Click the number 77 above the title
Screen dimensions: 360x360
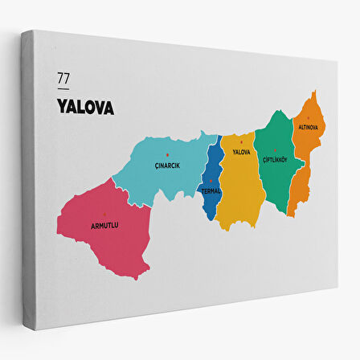point(63,79)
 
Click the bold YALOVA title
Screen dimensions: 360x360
point(85,107)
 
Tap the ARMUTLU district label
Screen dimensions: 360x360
point(104,225)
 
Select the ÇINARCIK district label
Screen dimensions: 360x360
point(166,166)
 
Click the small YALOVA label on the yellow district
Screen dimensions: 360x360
point(241,152)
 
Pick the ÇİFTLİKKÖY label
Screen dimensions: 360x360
point(276,160)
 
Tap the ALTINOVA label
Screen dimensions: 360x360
point(308,127)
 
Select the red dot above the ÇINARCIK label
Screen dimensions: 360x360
point(167,154)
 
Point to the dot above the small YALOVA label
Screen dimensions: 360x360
point(241,143)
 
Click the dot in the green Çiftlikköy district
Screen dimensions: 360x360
point(275,150)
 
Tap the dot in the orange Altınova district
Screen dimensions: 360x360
point(308,117)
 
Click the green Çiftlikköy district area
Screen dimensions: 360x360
point(276,181)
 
